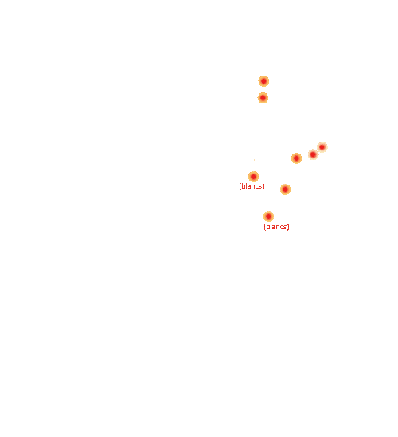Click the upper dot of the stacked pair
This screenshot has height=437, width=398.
tap(263, 81)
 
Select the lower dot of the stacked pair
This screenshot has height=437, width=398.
tap(263, 98)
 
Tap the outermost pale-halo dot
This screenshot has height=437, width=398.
tap(322, 147)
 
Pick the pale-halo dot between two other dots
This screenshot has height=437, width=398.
tap(314, 154)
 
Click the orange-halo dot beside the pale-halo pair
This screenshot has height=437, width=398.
tap(296, 158)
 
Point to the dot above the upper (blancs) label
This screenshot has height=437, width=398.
tap(253, 177)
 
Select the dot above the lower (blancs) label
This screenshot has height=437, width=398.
tap(268, 217)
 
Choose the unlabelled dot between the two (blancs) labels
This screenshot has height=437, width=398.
tap(285, 189)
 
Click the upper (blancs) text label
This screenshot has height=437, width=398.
tap(252, 186)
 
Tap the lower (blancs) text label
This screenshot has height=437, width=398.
tap(276, 227)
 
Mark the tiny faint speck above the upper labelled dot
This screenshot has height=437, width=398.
tap(254, 160)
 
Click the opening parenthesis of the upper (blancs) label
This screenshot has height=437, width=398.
tap(240, 186)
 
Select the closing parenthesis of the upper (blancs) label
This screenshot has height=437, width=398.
tap(263, 186)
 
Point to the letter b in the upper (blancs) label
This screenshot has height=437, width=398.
tap(243, 186)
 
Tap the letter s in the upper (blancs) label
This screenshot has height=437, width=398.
tap(260, 187)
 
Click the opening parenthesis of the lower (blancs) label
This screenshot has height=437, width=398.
tap(265, 227)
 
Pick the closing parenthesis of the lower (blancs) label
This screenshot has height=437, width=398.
tap(288, 227)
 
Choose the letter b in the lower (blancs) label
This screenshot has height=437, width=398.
tap(267, 227)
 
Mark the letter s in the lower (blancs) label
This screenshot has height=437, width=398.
tap(286, 228)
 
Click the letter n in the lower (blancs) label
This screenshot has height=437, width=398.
tap(279, 228)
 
